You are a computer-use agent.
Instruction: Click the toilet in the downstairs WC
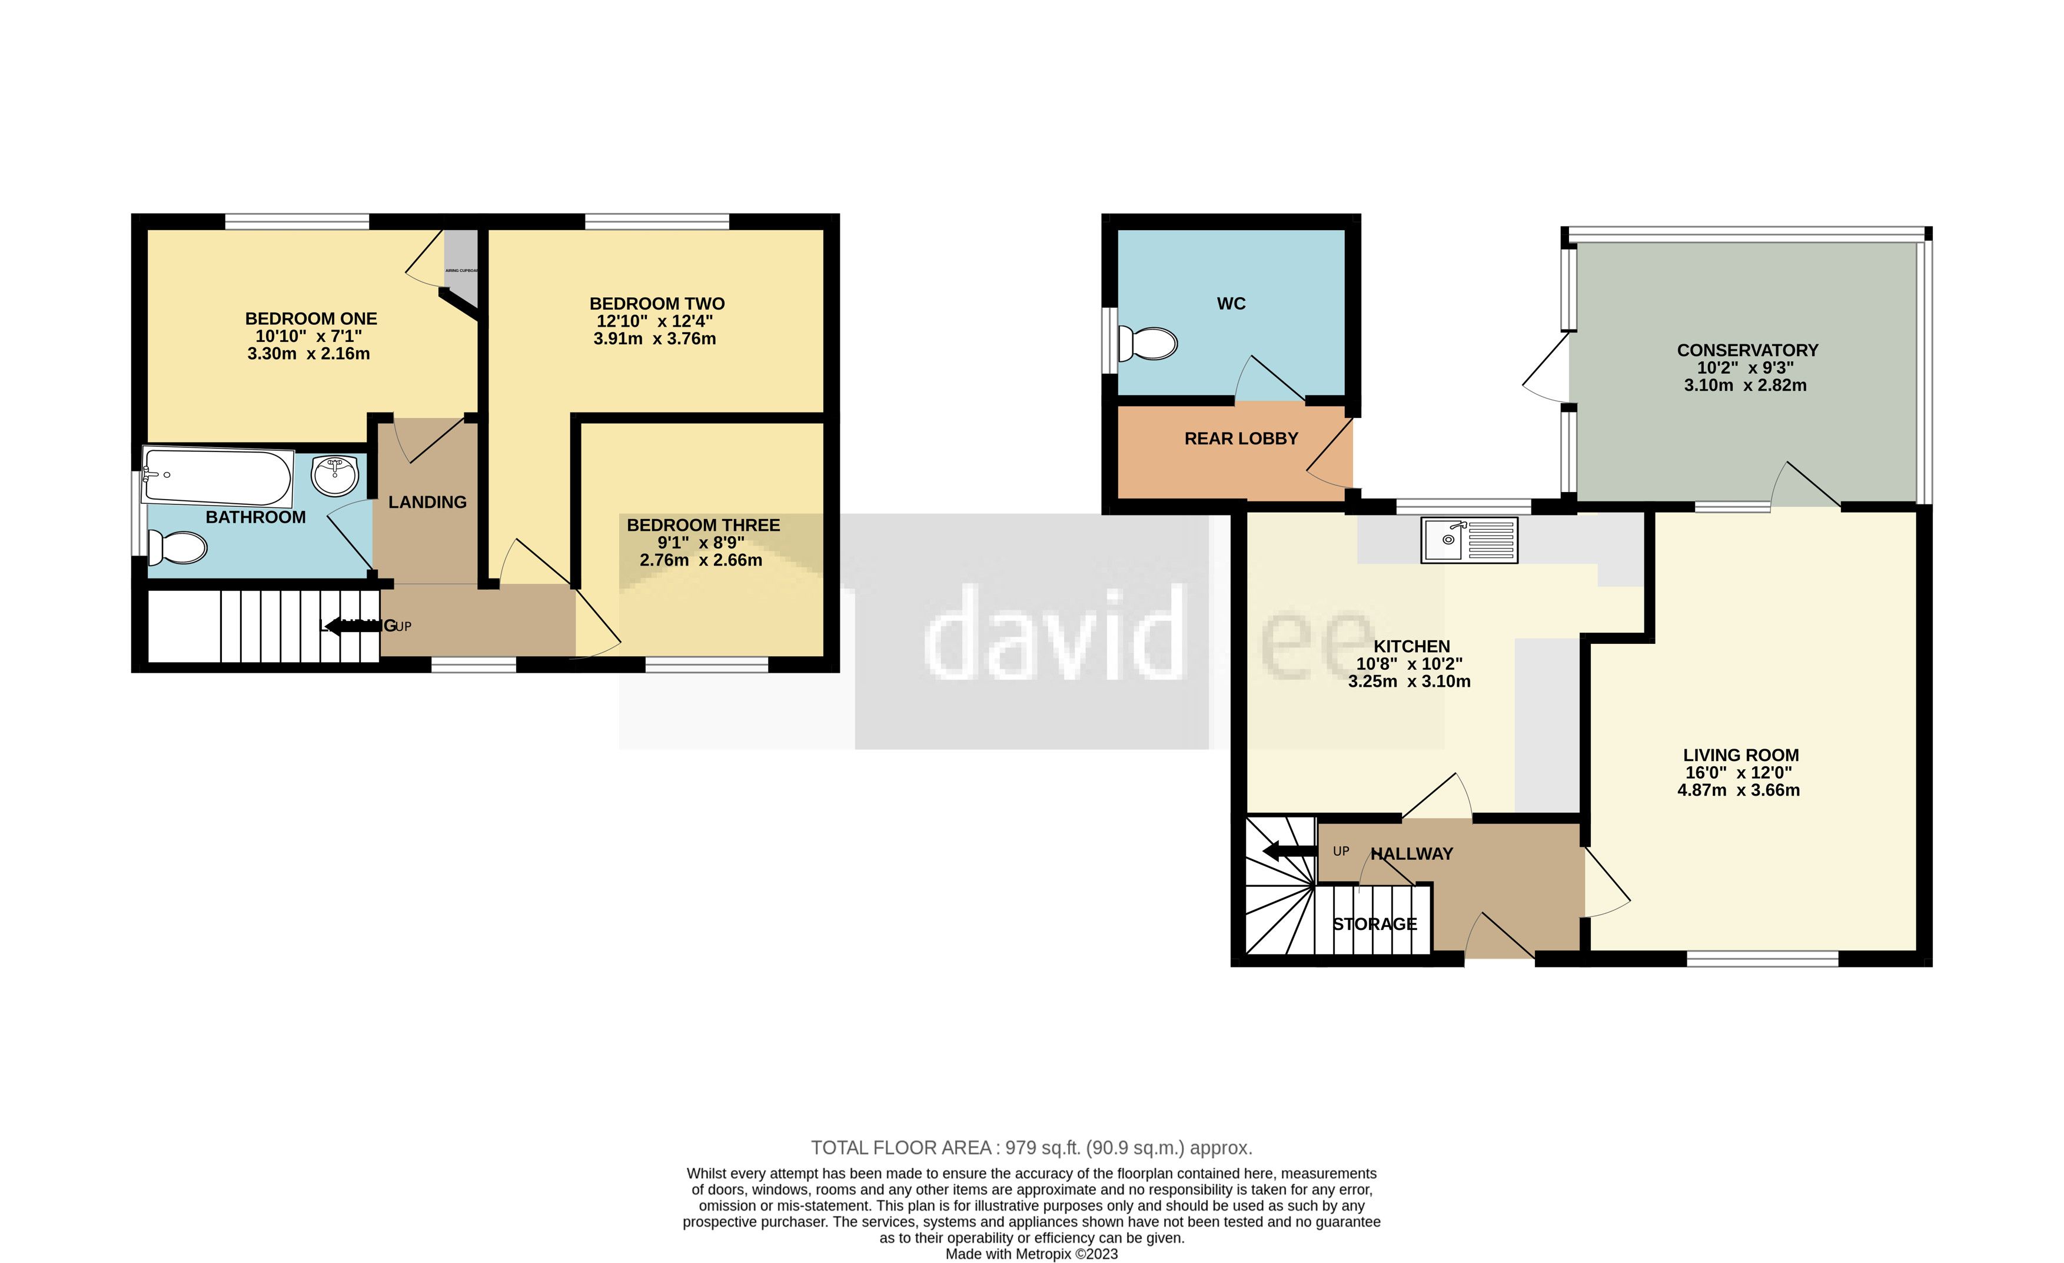pos(1148,343)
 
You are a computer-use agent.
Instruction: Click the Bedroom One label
pos(311,318)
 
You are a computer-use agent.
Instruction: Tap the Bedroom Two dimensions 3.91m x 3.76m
pos(654,339)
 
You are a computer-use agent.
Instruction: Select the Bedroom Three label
pos(703,525)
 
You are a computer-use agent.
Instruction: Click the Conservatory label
pos(1747,350)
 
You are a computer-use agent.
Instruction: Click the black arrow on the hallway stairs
pos(1288,852)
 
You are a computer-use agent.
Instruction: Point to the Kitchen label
pos(1411,646)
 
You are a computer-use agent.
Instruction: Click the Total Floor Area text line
pos(1031,1148)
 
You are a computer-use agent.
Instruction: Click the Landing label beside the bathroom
pos(427,501)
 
